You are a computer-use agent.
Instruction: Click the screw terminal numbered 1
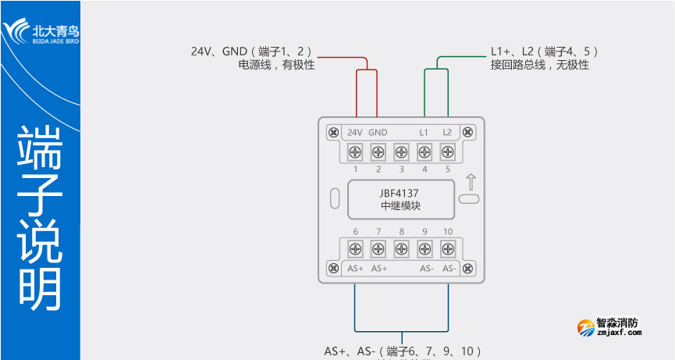click(355, 151)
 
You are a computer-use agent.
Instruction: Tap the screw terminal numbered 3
click(402, 151)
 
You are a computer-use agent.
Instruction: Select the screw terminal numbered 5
click(448, 151)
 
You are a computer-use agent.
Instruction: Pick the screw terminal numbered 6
click(355, 249)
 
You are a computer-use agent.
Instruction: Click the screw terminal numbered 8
click(402, 249)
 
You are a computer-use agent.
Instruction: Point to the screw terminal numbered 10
click(448, 249)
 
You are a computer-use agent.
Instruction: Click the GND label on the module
click(378, 132)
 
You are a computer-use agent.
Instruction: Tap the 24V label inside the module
click(355, 132)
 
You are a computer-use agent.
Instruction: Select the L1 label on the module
click(425, 132)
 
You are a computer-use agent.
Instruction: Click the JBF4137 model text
click(401, 191)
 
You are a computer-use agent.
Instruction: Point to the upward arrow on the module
click(470, 182)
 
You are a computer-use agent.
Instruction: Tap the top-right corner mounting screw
click(468, 132)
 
